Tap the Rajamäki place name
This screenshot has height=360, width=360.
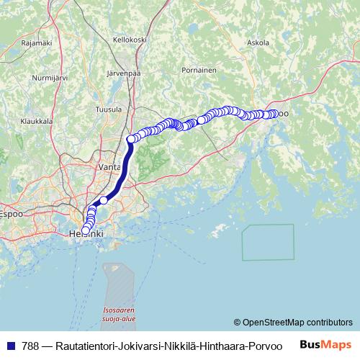(x=37, y=42)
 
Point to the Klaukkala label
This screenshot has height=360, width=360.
(x=36, y=122)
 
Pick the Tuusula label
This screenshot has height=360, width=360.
(x=109, y=109)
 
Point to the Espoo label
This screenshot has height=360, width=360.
(x=10, y=214)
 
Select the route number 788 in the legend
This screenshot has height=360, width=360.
(x=31, y=345)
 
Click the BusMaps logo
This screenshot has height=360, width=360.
(x=325, y=344)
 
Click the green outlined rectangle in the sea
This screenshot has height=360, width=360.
(x=268, y=242)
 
